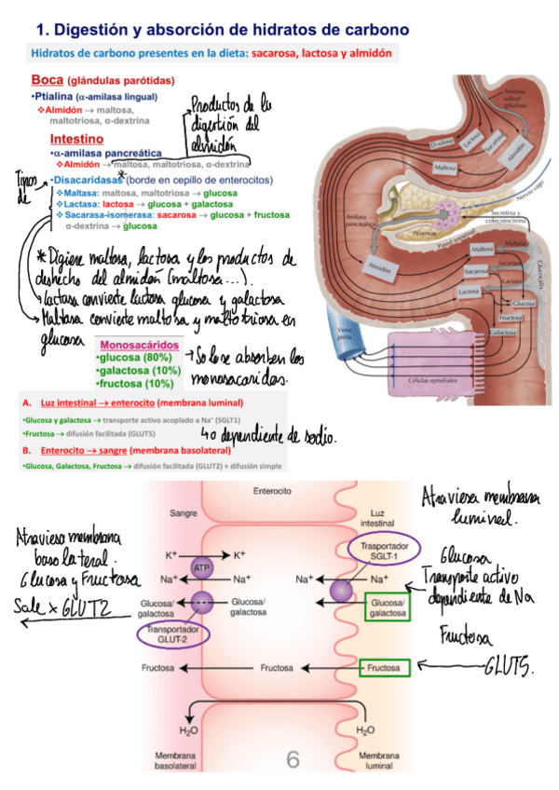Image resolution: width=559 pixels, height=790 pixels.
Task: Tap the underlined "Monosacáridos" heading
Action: [x=139, y=345]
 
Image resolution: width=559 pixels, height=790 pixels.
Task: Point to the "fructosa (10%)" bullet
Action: [x=135, y=383]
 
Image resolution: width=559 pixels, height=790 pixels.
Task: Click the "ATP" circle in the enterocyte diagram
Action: [x=201, y=567]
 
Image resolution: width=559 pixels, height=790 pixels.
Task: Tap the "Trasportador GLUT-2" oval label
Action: [x=174, y=633]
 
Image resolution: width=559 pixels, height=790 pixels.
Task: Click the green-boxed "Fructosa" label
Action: [x=384, y=668]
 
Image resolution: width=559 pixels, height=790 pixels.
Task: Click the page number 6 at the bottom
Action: [x=293, y=761]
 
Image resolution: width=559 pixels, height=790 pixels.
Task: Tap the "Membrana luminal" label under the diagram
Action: [x=378, y=759]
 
